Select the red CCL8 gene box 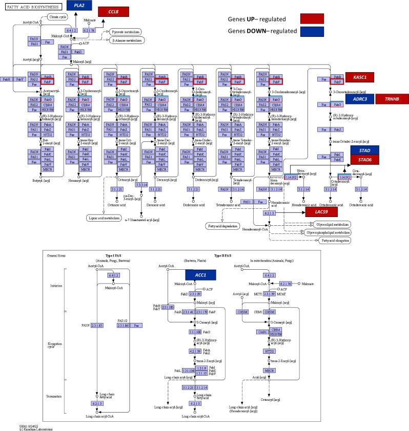coord(114,12)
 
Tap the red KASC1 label coord(359,77)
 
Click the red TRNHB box coord(391,99)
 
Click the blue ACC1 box coord(199,275)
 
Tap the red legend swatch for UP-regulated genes coord(312,18)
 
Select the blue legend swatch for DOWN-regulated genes coord(312,31)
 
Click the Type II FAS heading coord(222,255)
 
